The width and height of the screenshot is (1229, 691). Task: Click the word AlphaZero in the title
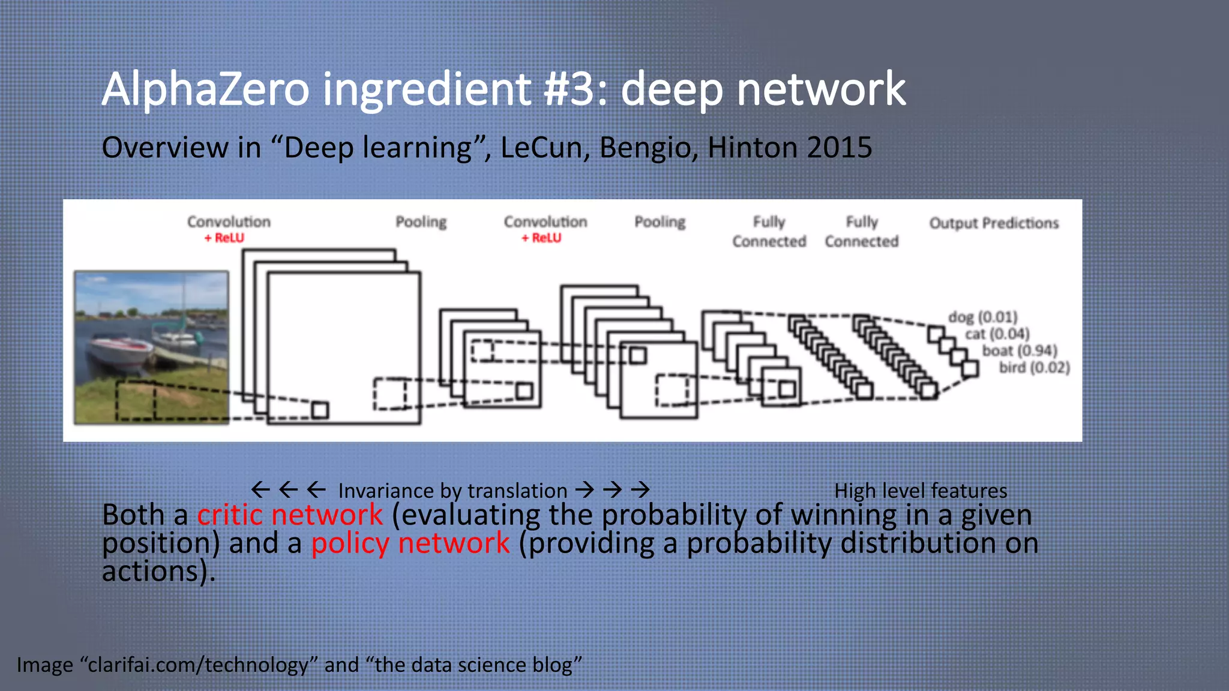pos(205,89)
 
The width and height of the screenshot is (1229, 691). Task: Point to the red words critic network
pos(290,515)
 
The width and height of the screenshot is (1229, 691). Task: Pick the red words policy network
pos(410,543)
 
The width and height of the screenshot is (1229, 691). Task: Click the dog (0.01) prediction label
pos(983,317)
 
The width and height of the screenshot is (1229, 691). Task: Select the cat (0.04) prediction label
pos(997,334)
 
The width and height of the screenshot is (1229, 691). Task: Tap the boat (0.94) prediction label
pos(1020,350)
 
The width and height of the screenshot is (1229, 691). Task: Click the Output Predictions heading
pos(994,223)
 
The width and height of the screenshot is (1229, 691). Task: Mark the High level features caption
pos(921,491)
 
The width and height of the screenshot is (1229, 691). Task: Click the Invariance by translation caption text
pos(452,491)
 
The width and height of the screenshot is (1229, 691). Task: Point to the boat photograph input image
pos(151,347)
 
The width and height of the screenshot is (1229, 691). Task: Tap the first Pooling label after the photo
pos(421,222)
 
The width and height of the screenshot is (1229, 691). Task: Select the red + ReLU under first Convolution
pos(224,238)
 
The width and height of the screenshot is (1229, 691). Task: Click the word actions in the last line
pos(150,571)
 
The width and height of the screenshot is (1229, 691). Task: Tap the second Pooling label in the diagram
pos(660,222)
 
